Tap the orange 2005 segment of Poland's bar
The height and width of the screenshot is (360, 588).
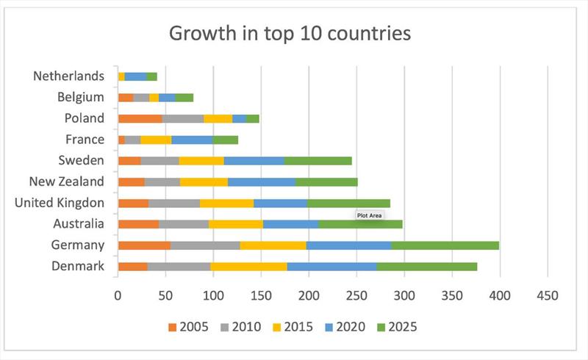click(140, 118)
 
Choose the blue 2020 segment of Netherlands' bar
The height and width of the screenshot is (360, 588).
click(136, 76)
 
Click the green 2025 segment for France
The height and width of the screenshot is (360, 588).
click(226, 140)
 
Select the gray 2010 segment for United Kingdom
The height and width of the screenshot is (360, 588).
click(173, 203)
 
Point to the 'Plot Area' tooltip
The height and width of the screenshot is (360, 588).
click(370, 216)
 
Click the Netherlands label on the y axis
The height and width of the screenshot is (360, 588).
click(68, 76)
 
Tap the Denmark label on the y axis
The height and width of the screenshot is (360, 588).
click(78, 266)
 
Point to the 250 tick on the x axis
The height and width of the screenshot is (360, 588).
click(356, 295)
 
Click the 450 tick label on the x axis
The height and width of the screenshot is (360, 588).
click(548, 295)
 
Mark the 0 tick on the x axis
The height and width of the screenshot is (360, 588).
click(118, 295)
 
